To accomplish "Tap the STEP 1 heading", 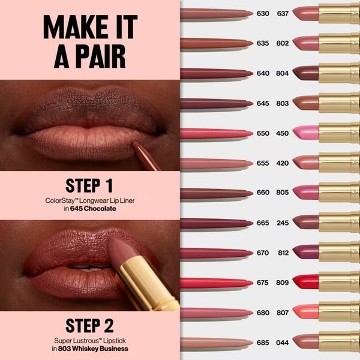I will coord(89,185).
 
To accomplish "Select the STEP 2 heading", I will coord(89,326).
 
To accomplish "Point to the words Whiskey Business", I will coord(103,348).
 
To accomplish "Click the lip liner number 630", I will coord(263,13).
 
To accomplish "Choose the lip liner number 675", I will coord(263,283).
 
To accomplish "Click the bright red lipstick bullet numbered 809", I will coord(305,281).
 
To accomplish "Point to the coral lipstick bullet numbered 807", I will coord(305,311).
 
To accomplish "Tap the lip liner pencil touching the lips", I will coord(146,155).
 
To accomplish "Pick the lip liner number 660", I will coord(263,193).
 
